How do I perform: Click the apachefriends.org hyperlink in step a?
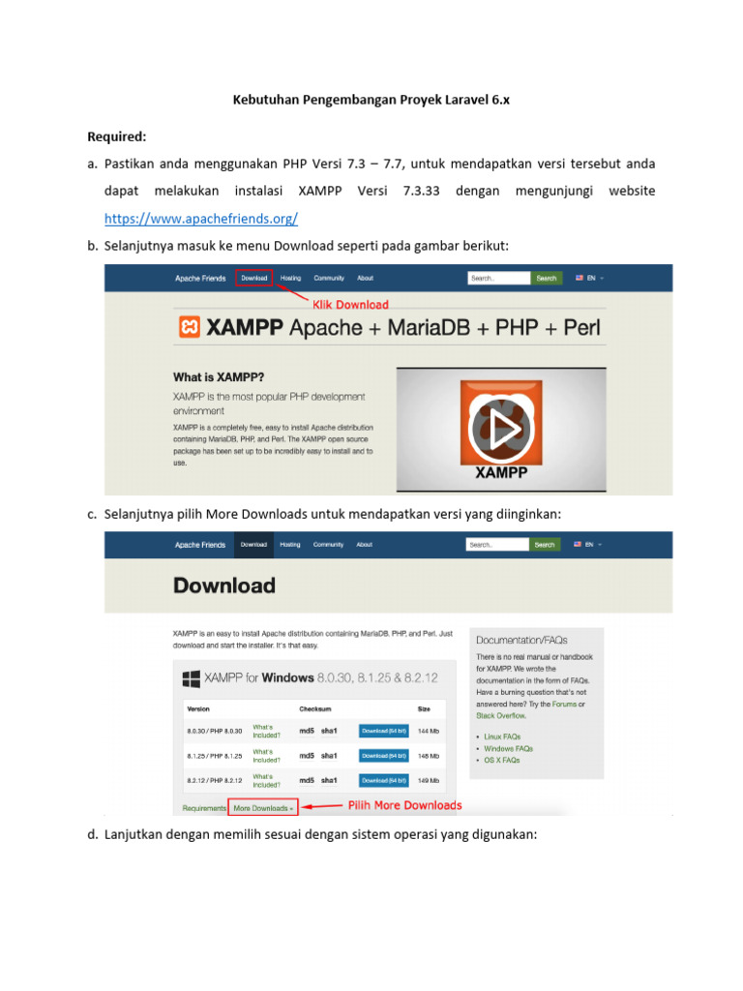[x=200, y=219]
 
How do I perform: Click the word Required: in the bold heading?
[x=117, y=136]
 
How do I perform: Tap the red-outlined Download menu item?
[x=254, y=278]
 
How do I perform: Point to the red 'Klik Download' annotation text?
[x=349, y=304]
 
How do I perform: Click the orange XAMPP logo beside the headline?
[x=190, y=328]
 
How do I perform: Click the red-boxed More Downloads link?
[x=262, y=807]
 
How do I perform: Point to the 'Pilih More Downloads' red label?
[x=405, y=805]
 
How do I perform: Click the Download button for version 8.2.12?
[x=384, y=780]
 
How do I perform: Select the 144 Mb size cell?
[x=429, y=731]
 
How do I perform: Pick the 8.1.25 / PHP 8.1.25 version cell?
[x=214, y=756]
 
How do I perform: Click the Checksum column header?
[x=315, y=708]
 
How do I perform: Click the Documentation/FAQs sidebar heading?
[x=521, y=640]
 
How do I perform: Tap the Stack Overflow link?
[x=501, y=716]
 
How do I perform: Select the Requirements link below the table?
[x=204, y=807]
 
